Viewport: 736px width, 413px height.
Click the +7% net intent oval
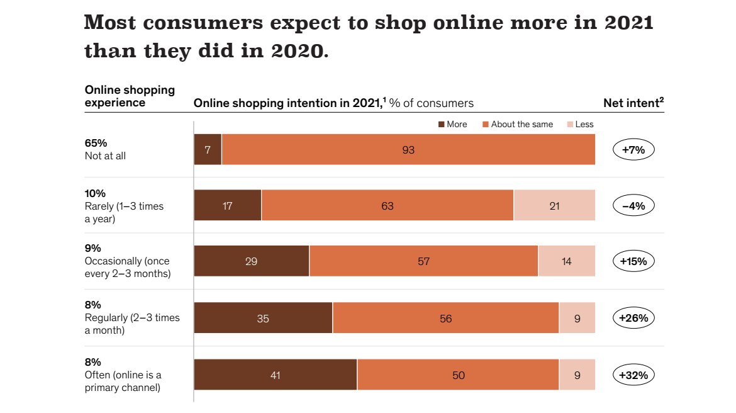point(633,150)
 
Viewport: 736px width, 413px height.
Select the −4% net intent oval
point(633,206)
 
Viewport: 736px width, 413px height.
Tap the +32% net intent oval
point(633,375)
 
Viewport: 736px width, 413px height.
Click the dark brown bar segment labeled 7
point(208,150)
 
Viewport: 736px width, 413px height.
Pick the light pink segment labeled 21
point(554,206)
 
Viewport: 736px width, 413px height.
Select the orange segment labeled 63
point(388,206)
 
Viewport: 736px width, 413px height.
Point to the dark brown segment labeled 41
point(275,375)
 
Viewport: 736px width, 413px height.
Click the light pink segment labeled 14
point(566,261)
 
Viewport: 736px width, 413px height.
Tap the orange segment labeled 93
point(409,150)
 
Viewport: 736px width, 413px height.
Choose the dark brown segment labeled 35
point(263,319)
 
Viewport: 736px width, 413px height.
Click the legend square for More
point(442,125)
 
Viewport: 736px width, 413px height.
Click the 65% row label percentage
point(96,143)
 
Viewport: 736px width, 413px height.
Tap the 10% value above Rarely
point(95,193)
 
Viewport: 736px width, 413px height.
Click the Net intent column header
point(633,103)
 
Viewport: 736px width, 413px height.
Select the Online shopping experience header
point(130,96)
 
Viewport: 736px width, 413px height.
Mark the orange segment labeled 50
point(458,375)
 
